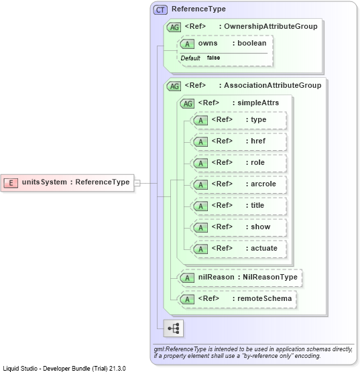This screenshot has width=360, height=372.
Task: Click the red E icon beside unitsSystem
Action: coord(11,183)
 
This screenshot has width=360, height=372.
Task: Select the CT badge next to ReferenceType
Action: coord(160,10)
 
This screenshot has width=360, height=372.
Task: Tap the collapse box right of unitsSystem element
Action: coord(137,183)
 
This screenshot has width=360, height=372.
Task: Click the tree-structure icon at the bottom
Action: coord(173,328)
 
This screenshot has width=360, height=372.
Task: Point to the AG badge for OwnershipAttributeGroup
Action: coord(174,27)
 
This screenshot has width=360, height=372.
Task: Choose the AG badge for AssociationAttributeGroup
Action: coord(174,86)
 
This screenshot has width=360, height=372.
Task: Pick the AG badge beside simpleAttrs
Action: coord(187,103)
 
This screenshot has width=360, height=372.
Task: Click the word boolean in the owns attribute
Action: coord(252,43)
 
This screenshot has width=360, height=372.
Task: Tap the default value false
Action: coord(213,58)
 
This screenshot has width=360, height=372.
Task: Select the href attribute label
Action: coord(258,141)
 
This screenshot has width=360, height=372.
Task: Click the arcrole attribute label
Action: coord(263,184)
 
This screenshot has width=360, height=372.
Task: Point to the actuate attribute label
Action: coord(264,248)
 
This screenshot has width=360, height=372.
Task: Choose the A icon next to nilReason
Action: coord(187,277)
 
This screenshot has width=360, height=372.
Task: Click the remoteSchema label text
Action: coord(265,298)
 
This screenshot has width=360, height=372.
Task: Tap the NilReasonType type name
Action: coord(270,277)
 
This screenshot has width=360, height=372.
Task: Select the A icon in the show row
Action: coord(200,227)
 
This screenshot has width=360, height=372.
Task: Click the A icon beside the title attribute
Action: coord(200,206)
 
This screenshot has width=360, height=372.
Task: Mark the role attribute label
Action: coord(257,162)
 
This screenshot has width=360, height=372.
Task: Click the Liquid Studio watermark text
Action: coord(64,369)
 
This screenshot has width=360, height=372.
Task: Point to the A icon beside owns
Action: coord(187,44)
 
